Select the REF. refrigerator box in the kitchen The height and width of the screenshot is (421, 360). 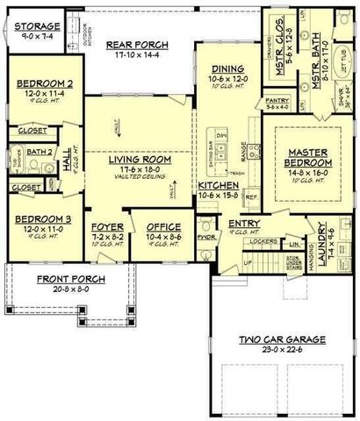(x=252, y=198)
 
